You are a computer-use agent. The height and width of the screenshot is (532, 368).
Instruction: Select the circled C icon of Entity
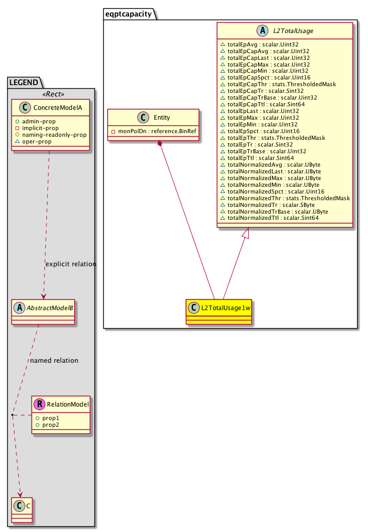(133, 118)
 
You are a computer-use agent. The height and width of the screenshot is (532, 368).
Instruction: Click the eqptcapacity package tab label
(129, 14)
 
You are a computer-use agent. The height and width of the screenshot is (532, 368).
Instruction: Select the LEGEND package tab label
(24, 82)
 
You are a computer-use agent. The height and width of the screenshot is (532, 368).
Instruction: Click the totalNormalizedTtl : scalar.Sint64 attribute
(269, 218)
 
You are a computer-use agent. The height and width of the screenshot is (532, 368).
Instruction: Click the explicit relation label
(71, 264)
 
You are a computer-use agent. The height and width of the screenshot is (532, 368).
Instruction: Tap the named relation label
(54, 360)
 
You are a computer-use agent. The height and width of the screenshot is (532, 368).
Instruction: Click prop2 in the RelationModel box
(51, 424)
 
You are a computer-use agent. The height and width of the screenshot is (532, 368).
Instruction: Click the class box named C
(20, 506)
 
